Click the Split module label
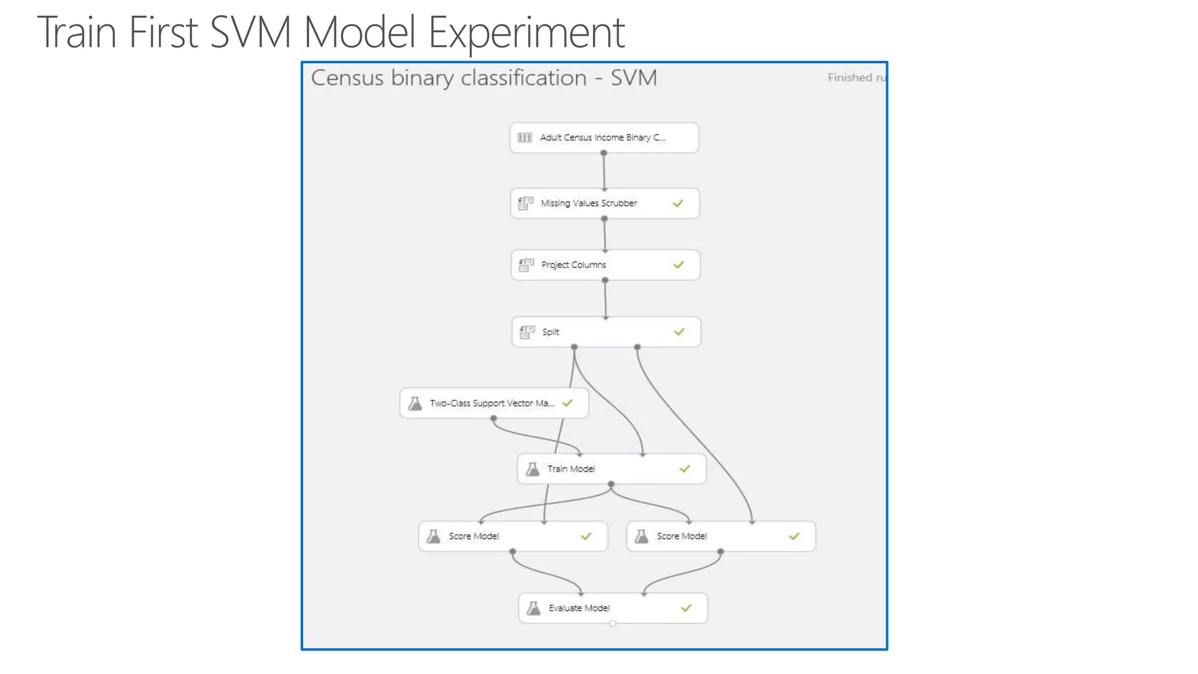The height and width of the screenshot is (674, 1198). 550,332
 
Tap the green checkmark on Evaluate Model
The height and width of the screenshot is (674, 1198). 686,608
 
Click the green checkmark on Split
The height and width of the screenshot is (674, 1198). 679,332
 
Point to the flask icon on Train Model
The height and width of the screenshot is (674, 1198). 533,469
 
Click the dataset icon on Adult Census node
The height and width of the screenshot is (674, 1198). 525,137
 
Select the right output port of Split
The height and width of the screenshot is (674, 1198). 637,347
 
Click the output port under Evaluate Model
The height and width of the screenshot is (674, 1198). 612,624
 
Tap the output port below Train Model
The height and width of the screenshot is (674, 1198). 611,484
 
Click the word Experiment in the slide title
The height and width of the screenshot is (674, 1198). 526,32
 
